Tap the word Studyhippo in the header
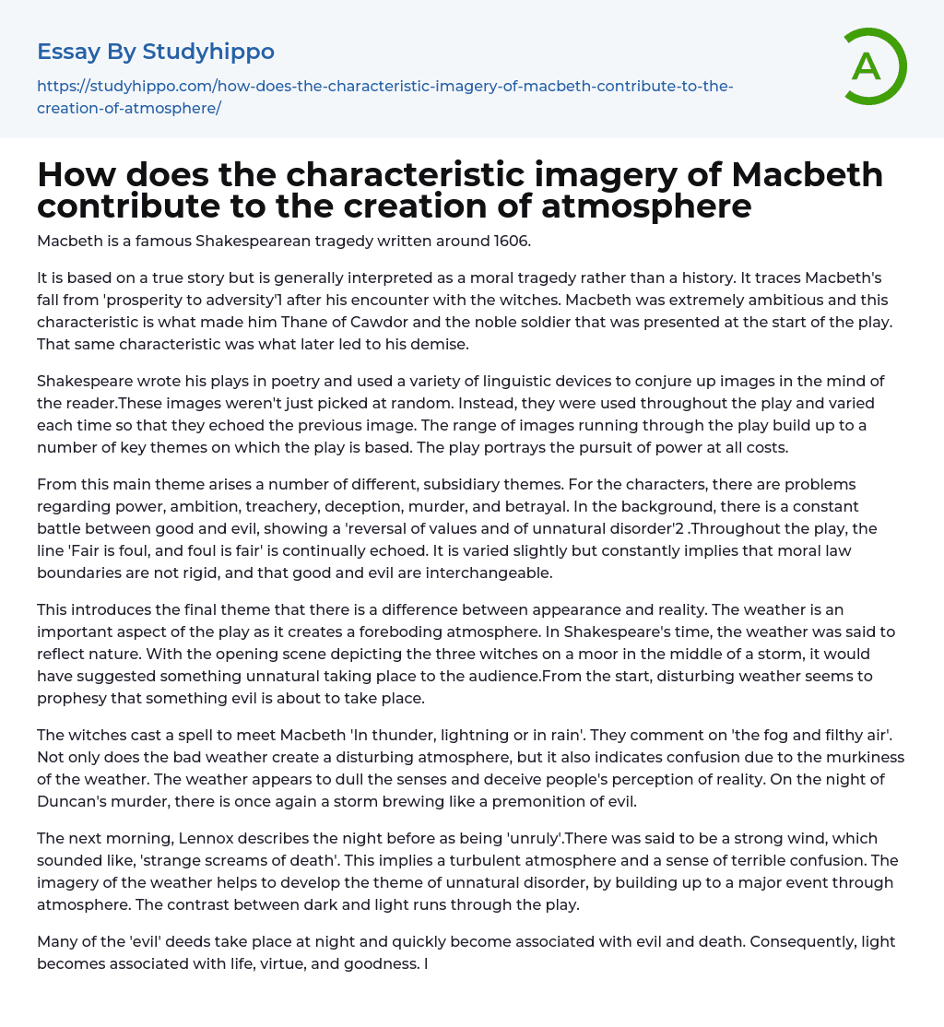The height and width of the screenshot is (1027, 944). tap(208, 52)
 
